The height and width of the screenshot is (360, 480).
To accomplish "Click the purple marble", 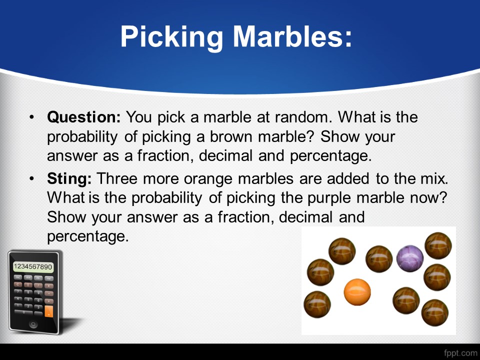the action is coord(410,258).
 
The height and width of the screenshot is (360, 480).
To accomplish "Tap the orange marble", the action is coord(357,292).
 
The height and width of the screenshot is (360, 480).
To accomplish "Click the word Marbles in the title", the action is coord(292,36).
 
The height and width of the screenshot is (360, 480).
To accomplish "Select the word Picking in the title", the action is coord(171,37).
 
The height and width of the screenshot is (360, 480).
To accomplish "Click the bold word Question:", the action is coord(84,117).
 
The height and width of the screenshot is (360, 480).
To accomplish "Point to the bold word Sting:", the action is coord(69,179).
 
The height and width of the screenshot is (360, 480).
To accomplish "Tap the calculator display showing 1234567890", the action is coord(33,266).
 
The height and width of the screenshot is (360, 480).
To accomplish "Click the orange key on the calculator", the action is coord(48,311).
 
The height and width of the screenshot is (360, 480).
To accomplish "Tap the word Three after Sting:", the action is coord(117,178).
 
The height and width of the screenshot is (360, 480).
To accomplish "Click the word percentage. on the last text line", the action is coord(88,236).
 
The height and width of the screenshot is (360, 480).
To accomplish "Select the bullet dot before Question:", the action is coord(31,117).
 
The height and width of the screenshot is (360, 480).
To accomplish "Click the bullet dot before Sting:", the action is coord(31,179).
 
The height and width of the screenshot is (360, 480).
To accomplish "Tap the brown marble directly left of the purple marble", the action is coord(379,259).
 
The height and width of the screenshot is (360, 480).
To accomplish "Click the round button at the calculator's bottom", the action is coord(33,324).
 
